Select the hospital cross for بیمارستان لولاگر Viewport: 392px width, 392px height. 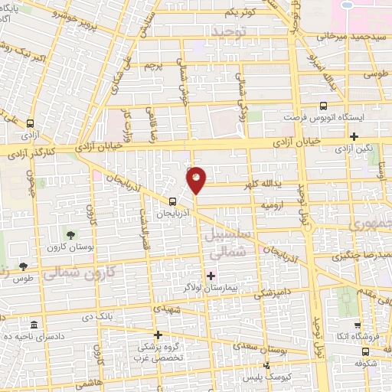coord(211,276)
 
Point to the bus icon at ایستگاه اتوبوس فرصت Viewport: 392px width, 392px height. coord(322,106)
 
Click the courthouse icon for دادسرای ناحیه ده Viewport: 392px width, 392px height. coord(33,325)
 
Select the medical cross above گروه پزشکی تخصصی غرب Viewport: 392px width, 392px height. coord(158,335)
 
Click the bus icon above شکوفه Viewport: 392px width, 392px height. coord(365,350)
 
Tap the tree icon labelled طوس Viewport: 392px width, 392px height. coord(23,267)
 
